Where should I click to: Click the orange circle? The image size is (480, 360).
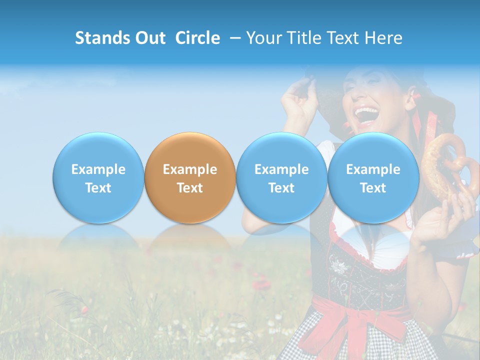click(x=190, y=177)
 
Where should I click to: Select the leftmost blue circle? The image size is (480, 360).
click(x=98, y=177)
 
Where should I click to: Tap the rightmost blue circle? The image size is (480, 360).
click(x=373, y=177)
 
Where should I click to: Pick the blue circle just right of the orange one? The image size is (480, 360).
click(x=281, y=177)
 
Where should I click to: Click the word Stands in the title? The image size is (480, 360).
click(x=101, y=38)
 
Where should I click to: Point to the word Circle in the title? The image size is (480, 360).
click(x=197, y=38)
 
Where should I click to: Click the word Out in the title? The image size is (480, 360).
click(x=148, y=38)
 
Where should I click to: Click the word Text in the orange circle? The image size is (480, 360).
click(x=190, y=188)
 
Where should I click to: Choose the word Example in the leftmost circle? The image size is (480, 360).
click(x=98, y=169)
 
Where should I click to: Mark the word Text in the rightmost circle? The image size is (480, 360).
click(x=373, y=188)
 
